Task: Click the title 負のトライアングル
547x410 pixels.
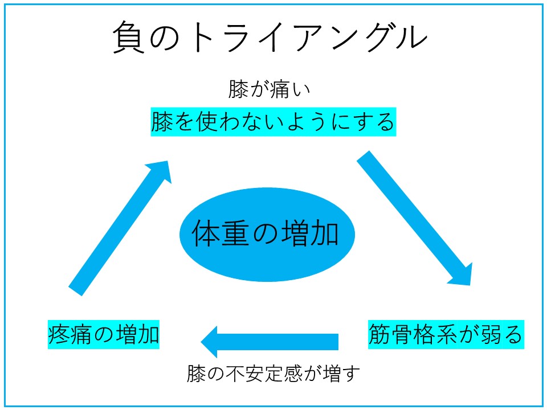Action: click(x=270, y=37)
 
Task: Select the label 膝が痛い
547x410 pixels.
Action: click(x=269, y=89)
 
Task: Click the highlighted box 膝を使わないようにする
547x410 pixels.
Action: click(x=273, y=122)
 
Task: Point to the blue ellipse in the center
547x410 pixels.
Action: click(x=267, y=234)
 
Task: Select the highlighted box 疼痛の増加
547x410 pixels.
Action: click(x=104, y=334)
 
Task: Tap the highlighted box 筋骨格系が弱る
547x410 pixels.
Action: click(x=446, y=334)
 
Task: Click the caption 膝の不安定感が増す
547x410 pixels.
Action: click(x=273, y=374)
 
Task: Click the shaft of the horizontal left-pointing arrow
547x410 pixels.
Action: click(x=277, y=342)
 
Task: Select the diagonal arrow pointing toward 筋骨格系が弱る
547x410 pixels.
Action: click(x=414, y=218)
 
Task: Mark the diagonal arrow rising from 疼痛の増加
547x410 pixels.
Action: click(x=120, y=228)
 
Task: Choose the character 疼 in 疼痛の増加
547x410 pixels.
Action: click(x=59, y=334)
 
